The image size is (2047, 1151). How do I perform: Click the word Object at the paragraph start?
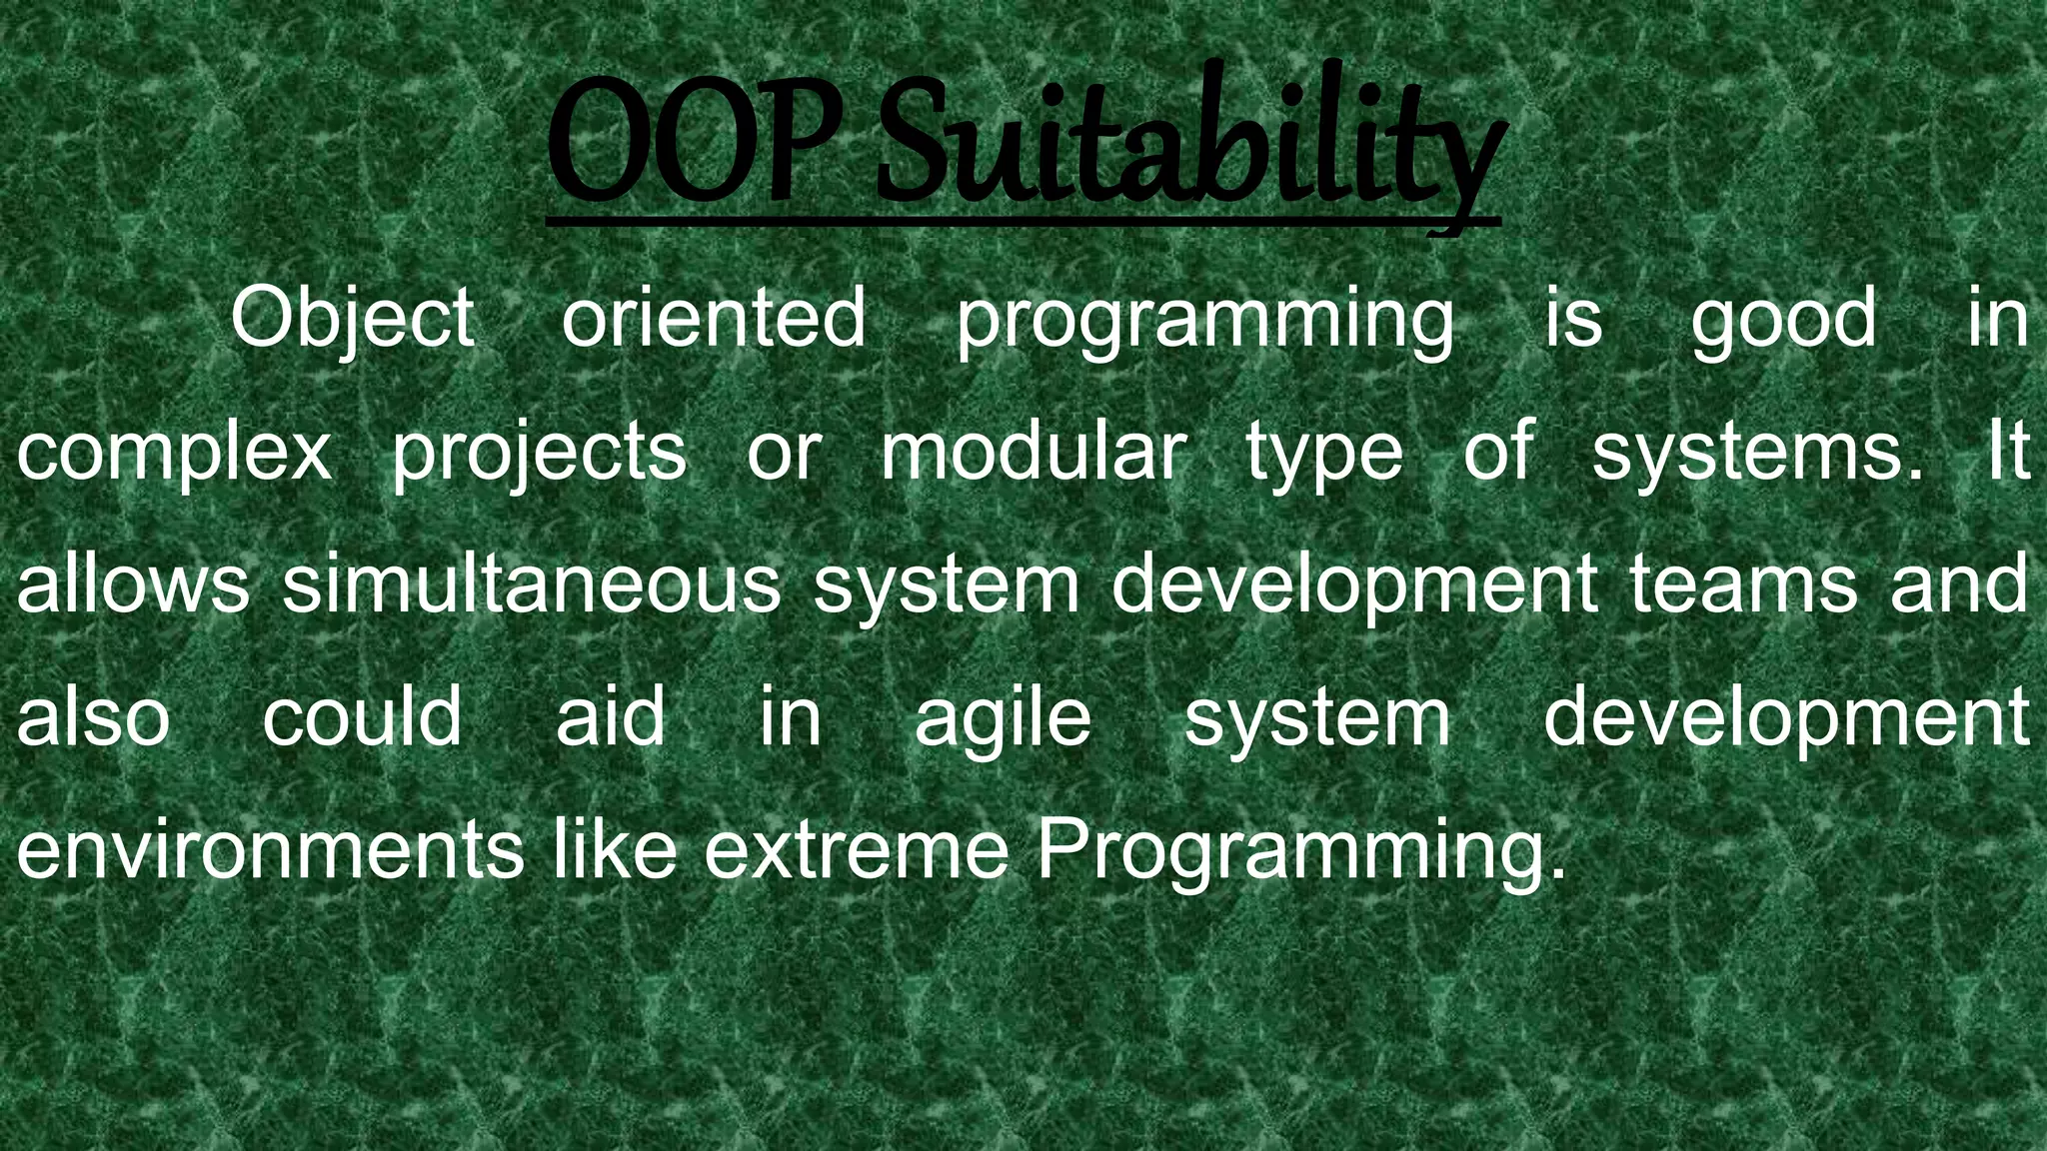pos(352,318)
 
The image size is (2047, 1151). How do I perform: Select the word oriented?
pos(714,318)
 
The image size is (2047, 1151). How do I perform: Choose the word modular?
pos(1033,451)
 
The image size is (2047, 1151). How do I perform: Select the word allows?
pos(132,583)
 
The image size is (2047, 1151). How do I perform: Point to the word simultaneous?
pos(531,583)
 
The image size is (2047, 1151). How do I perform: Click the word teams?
pos(1743,583)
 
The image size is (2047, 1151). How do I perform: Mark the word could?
pos(362,716)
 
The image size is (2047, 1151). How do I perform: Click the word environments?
pos(270,850)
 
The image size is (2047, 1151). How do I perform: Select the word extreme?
pos(857,850)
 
